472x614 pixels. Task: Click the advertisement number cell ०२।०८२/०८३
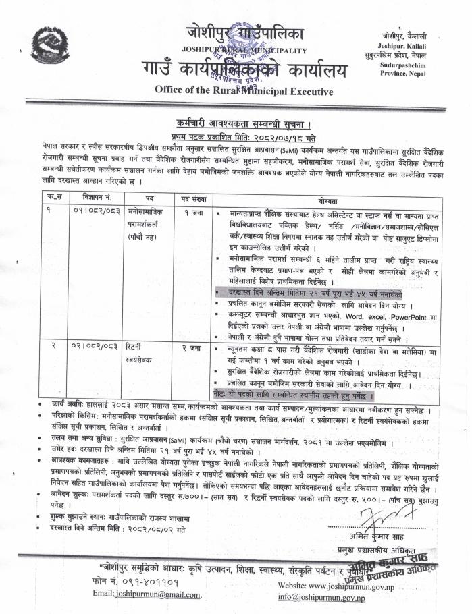click(91, 347)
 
